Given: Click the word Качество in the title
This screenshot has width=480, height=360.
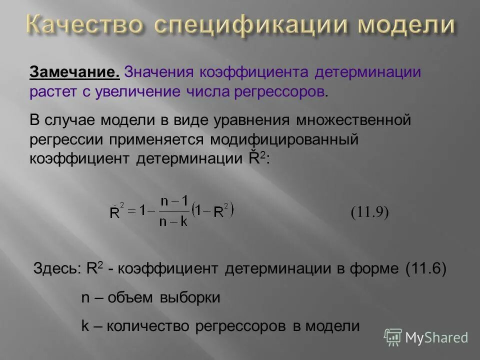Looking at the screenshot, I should click(x=82, y=24).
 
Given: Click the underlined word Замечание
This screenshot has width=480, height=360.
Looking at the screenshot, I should click(x=74, y=72).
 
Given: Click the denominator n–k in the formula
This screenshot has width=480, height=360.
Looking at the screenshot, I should click(x=174, y=222).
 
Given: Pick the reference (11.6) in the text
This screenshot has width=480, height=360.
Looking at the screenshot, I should click(x=426, y=268).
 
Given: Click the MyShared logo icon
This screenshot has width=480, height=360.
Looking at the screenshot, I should click(x=393, y=337).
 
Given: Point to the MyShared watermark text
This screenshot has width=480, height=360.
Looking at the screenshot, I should click(x=436, y=337).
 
